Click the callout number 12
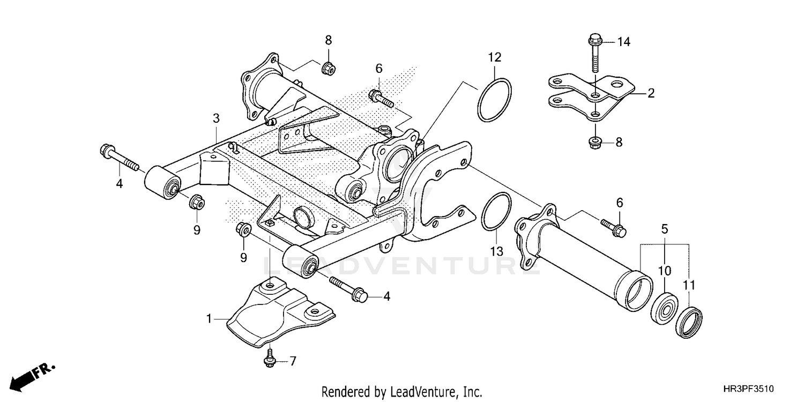point(494,57)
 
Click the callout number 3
point(216,118)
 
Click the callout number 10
point(664,271)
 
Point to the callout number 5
point(664,229)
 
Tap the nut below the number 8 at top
point(327,68)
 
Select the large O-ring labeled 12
point(494,100)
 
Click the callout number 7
point(293,362)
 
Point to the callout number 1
point(210,319)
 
